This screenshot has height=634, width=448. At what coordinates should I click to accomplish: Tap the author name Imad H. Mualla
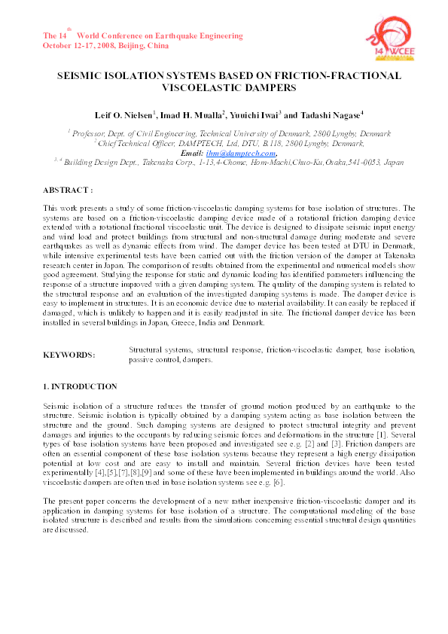tap(198, 114)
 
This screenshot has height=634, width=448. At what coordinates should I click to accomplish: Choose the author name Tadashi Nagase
tap(329, 114)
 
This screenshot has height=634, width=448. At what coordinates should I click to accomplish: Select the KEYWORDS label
tap(69, 355)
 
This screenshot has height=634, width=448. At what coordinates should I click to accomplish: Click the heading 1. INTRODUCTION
tap(80, 386)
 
